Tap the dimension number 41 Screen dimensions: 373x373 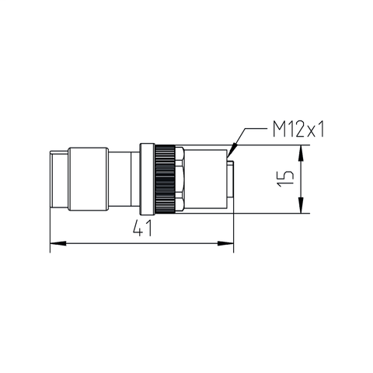pos(141,229)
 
